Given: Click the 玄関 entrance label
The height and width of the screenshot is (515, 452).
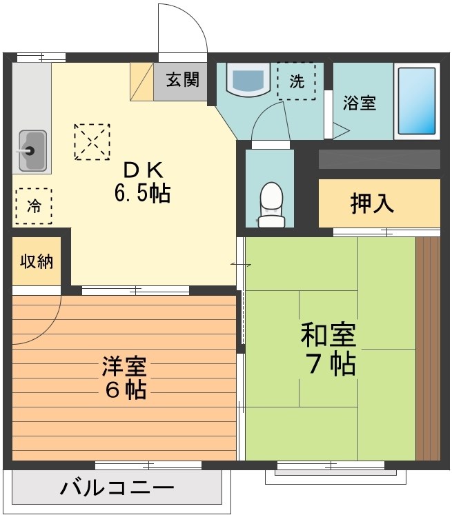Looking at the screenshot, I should (182, 79).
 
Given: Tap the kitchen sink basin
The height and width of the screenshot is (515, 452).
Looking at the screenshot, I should (32, 150).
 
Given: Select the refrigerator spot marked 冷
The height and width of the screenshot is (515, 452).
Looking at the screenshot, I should (33, 205).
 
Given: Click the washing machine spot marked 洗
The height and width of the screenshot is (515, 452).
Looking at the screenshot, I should (296, 81).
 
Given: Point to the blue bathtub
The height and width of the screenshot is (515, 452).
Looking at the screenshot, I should (417, 101).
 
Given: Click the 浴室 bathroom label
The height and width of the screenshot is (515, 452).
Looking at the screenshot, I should (360, 103).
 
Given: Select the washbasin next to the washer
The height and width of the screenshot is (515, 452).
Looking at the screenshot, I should (248, 81).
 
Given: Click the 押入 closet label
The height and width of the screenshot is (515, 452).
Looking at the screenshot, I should (372, 203).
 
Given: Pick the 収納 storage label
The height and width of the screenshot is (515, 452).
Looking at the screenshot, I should (37, 262).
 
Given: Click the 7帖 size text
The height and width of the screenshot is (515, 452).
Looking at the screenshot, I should (330, 364).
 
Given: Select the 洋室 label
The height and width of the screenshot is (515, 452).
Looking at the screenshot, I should (125, 365).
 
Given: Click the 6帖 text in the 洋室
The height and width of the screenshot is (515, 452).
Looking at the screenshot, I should (125, 390).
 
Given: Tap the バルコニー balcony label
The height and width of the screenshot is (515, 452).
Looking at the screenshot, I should (117, 490).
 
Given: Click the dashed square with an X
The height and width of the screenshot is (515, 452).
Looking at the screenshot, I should (92, 141).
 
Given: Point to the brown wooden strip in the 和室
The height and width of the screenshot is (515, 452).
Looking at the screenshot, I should (428, 348).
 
